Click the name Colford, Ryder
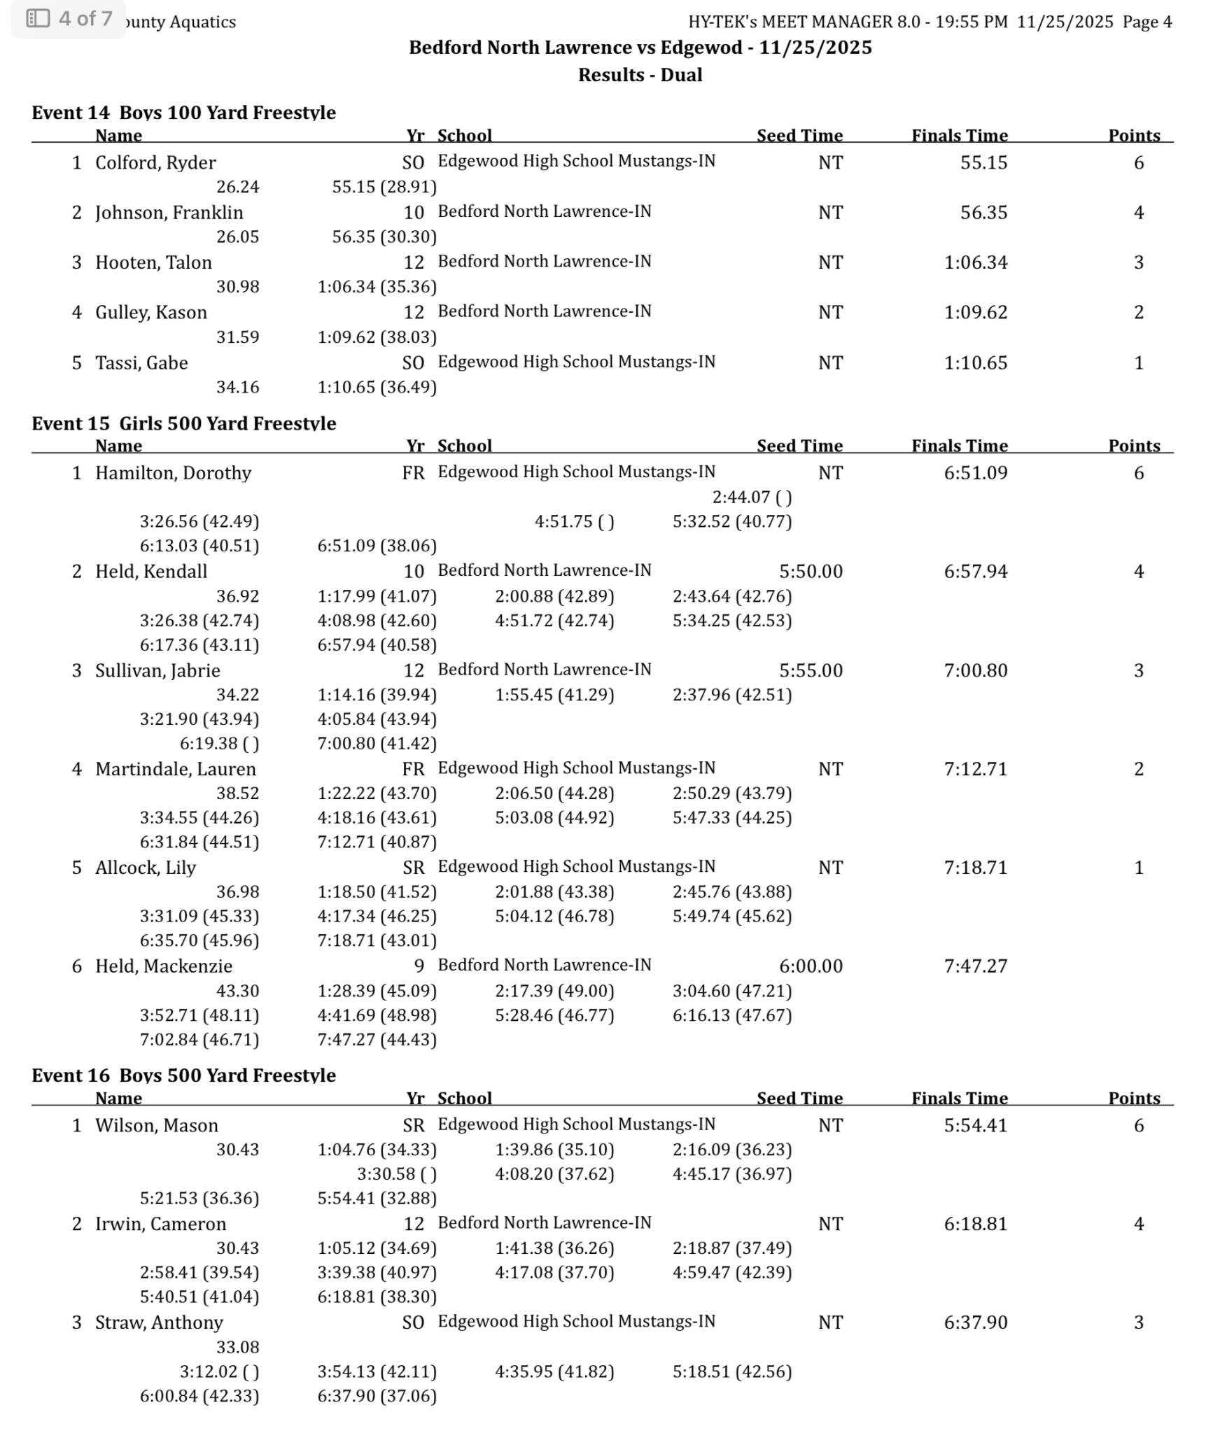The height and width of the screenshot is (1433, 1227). point(155,163)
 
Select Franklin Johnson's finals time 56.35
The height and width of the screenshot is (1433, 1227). point(983,213)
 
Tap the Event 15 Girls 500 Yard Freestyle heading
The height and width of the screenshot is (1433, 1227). point(183,423)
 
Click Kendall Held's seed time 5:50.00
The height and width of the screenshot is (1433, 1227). point(811,572)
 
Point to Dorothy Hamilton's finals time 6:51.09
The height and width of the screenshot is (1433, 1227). point(975,473)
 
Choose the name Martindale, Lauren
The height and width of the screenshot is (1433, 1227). point(176,769)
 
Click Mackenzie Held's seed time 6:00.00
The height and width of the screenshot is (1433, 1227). point(811,966)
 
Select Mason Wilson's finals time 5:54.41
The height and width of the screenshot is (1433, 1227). point(975,1125)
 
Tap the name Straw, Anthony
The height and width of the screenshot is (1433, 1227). point(159,1322)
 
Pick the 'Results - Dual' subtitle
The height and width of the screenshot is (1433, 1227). point(640,75)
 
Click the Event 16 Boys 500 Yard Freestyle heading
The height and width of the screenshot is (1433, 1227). point(183,1075)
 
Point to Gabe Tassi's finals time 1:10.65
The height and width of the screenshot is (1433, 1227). point(975,363)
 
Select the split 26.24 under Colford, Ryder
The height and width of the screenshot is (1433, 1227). point(237,188)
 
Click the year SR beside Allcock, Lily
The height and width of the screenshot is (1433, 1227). point(414,868)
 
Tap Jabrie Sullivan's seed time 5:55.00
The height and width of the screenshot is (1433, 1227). point(811,670)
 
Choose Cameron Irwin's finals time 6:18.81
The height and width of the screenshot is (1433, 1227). point(975,1224)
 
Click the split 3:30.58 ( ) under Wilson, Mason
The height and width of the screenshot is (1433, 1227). point(396,1174)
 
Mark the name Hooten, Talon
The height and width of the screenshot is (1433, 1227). point(153,262)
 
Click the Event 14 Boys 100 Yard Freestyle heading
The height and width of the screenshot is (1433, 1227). point(183,113)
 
